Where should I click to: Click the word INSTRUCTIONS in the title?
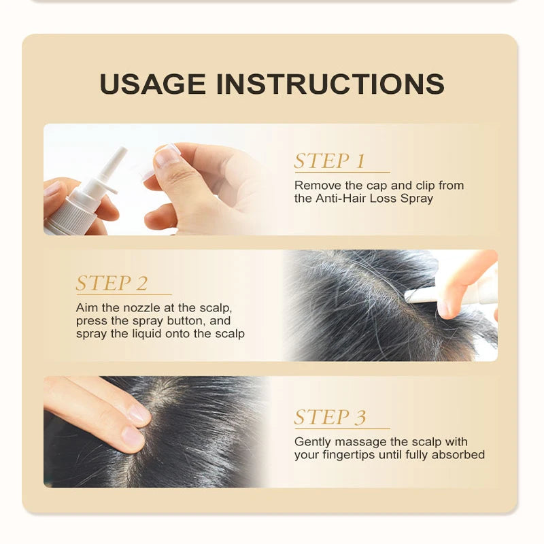330,84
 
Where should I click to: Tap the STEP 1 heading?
330,161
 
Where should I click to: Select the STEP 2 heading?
112,283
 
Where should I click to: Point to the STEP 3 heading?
330,417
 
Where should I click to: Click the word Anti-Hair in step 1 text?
338,199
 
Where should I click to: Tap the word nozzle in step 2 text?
140,307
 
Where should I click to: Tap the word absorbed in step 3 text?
462,455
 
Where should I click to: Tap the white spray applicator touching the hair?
435,294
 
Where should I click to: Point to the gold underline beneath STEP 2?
123,294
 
